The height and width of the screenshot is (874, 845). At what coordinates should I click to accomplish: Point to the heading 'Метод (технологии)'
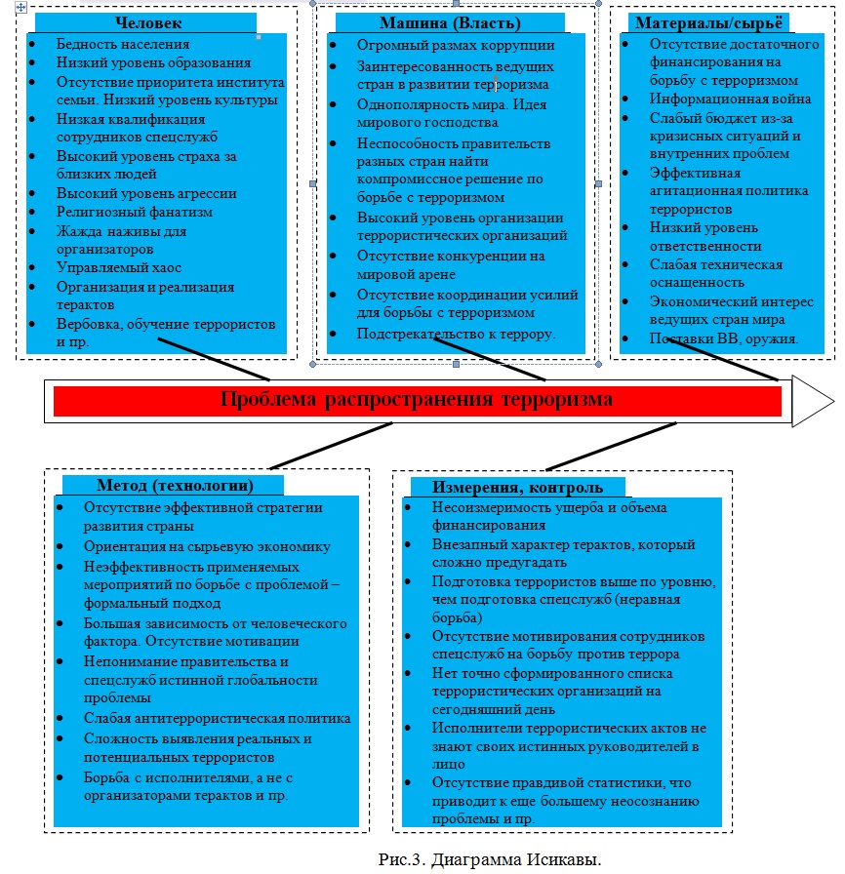pyautogui.click(x=175, y=486)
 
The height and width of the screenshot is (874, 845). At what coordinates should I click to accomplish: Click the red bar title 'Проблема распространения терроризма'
pyautogui.click(x=417, y=400)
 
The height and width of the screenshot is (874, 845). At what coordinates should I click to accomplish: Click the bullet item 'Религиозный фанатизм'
pyautogui.click(x=135, y=212)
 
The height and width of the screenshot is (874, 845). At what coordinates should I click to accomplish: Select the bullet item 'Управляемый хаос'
pyautogui.click(x=119, y=267)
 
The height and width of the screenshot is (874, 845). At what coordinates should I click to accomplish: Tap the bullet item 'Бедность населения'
pyautogui.click(x=123, y=45)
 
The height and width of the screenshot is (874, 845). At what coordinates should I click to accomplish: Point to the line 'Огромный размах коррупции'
pyautogui.click(x=442, y=45)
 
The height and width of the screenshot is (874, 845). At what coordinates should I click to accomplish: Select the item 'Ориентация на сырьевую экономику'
pyautogui.click(x=207, y=546)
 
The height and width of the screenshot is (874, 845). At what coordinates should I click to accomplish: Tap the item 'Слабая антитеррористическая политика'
pyautogui.click(x=217, y=719)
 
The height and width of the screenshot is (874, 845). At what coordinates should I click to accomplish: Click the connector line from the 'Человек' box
pyautogui.click(x=214, y=359)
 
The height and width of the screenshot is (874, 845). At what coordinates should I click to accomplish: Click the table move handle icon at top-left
pyautogui.click(x=8, y=6)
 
